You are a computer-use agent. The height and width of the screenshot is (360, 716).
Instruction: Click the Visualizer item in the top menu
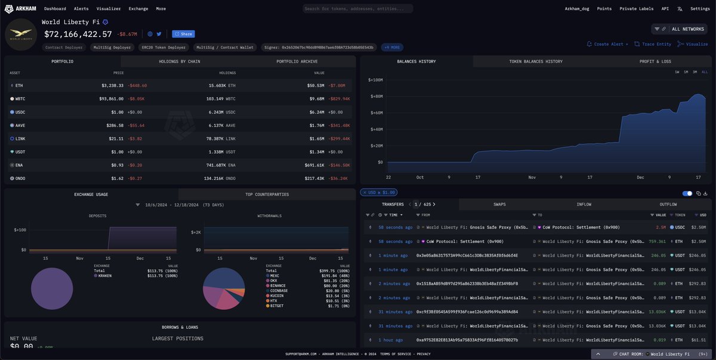point(108,9)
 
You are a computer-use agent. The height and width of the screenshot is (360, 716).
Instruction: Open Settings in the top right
point(700,9)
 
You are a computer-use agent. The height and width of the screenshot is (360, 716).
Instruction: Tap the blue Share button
point(184,34)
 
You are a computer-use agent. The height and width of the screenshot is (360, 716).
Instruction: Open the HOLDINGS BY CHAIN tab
point(179,61)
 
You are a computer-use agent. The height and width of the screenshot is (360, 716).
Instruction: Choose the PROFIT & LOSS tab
point(655,61)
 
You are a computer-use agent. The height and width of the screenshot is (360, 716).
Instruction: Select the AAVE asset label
point(20,125)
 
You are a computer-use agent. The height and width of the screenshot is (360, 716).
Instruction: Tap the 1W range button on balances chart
point(677,72)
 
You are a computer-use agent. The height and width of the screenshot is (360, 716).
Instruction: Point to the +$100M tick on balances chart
point(375,79)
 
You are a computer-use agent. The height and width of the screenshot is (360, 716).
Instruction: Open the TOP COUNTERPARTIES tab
point(267,195)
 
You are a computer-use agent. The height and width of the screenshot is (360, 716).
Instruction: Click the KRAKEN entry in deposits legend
point(105,276)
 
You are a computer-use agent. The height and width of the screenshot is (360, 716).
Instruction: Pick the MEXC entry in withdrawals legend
point(274,276)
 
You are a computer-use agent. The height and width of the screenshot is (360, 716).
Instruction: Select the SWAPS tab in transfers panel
point(499,204)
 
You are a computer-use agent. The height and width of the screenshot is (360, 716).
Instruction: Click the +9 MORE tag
point(393,47)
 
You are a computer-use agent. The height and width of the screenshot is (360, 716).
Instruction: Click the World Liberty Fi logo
point(20,35)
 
